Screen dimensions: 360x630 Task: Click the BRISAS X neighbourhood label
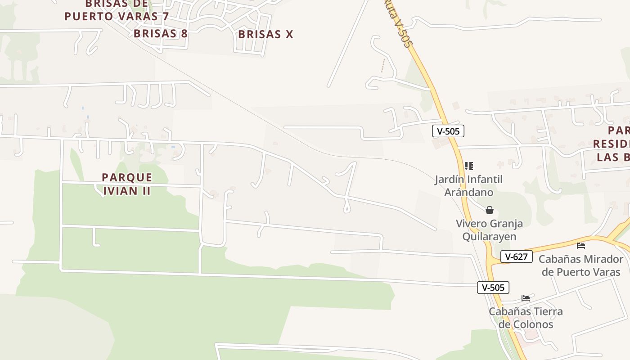point(265,34)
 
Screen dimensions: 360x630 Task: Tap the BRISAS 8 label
point(161,33)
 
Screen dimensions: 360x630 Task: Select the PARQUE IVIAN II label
point(127,184)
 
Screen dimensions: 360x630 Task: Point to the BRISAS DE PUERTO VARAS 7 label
point(117,10)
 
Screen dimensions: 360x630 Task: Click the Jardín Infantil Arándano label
point(468,186)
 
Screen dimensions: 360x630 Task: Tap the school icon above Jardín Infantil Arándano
point(468,166)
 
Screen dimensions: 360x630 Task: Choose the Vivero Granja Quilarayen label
point(489,230)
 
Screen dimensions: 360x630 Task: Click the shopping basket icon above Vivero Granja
point(490,210)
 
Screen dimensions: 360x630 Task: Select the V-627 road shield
point(516,256)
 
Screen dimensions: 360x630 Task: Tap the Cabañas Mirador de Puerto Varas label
point(580,265)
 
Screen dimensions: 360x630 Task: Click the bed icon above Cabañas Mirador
point(581,246)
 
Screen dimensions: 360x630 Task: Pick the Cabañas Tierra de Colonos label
point(526,318)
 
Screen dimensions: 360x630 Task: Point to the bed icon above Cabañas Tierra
point(526,298)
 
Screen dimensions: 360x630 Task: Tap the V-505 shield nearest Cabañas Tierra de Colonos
point(493,287)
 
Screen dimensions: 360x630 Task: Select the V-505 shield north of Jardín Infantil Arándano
point(448,131)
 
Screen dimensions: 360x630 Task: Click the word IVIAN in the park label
point(120,190)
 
